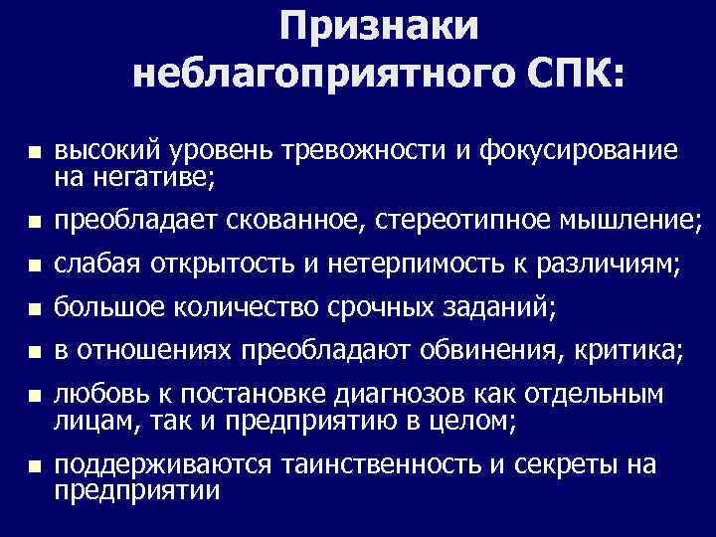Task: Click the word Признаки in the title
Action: coord(378,27)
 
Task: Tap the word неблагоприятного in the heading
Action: coord(313,75)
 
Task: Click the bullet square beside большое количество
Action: coord(32,311)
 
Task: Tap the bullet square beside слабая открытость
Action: coord(32,267)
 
